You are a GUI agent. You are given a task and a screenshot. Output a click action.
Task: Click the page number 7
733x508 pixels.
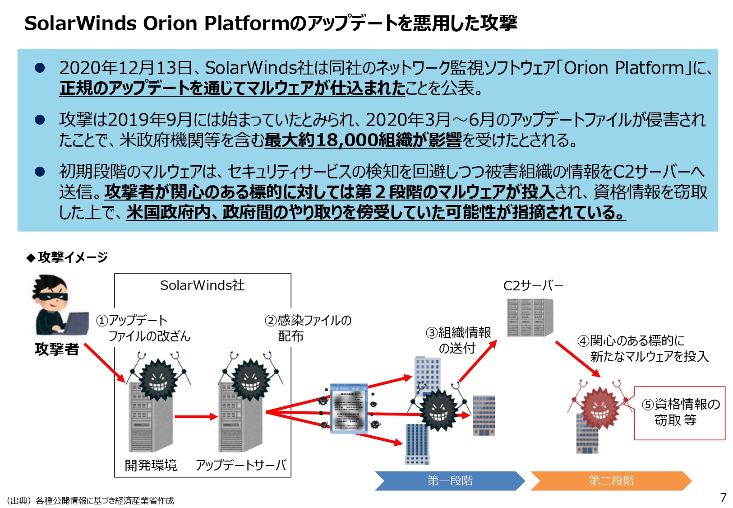click(x=723, y=497)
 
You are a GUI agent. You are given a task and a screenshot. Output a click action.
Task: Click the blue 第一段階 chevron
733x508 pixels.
click(x=449, y=480)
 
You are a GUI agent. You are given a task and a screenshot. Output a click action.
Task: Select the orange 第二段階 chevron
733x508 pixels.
click(x=611, y=480)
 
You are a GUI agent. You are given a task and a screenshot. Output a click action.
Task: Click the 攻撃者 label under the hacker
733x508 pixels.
click(x=57, y=349)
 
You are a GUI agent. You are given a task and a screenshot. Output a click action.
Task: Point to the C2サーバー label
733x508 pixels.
click(x=533, y=286)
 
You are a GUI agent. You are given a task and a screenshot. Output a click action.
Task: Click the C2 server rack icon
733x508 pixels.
click(x=530, y=318)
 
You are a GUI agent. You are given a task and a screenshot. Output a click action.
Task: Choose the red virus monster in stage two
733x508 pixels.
click(x=599, y=406)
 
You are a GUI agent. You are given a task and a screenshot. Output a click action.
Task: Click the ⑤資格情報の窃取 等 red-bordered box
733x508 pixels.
click(x=679, y=412)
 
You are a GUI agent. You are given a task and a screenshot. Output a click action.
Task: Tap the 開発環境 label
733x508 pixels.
click(x=151, y=465)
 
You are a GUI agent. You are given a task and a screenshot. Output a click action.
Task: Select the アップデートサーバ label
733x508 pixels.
click(x=241, y=465)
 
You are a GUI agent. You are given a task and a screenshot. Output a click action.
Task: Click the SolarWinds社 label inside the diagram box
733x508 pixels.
click(x=203, y=285)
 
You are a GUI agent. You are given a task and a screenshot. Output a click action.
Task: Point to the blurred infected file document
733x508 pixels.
click(x=349, y=408)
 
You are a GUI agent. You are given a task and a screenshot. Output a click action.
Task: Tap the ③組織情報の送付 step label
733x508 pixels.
click(x=458, y=340)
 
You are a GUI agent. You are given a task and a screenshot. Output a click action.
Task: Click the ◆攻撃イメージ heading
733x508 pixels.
click(x=67, y=257)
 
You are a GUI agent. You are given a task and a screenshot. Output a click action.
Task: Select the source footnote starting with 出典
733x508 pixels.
click(x=90, y=500)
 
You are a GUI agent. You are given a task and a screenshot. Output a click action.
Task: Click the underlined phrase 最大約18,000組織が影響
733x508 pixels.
click(x=363, y=140)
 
